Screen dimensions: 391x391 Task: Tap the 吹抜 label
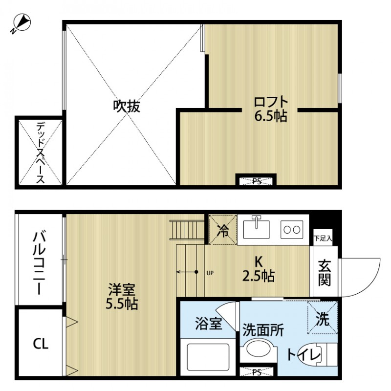click(x=127, y=106)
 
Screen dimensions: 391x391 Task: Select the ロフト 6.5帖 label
click(x=270, y=109)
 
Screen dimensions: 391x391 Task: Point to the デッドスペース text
click(x=40, y=152)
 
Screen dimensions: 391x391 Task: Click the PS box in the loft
click(x=257, y=181)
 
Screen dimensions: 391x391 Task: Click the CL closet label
click(x=41, y=344)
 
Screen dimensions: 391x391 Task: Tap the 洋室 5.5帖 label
click(x=122, y=296)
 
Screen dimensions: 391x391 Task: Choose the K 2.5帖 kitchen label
click(x=259, y=268)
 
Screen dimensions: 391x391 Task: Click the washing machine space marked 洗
click(x=322, y=318)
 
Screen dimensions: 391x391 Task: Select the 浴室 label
click(x=209, y=323)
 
